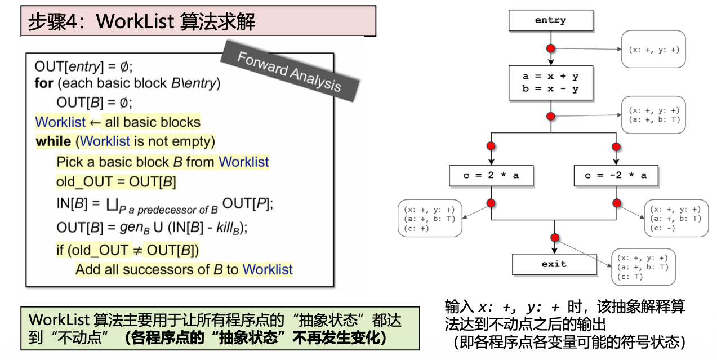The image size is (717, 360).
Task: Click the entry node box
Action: pos(550,21)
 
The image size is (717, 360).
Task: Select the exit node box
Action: pos(554,264)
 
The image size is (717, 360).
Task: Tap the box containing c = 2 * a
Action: pos(491,175)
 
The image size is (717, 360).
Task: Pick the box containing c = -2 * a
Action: pos(615,175)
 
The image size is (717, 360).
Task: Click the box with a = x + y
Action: pos(550,83)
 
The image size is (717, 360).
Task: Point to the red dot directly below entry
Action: pos(551,48)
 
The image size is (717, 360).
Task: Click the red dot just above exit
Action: pos(555,237)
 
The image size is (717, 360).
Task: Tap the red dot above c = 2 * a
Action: pos(491,146)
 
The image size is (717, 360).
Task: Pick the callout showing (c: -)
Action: pos(675,219)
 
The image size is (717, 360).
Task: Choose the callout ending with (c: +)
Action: pos(429,219)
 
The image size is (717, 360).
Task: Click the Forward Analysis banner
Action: pos(289,72)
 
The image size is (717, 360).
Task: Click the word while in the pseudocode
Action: pos(53,141)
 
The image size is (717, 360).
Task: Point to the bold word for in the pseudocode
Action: pos(43,83)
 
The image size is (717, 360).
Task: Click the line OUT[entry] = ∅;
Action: pos(83,66)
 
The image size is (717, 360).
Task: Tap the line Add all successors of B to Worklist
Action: pos(184,269)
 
